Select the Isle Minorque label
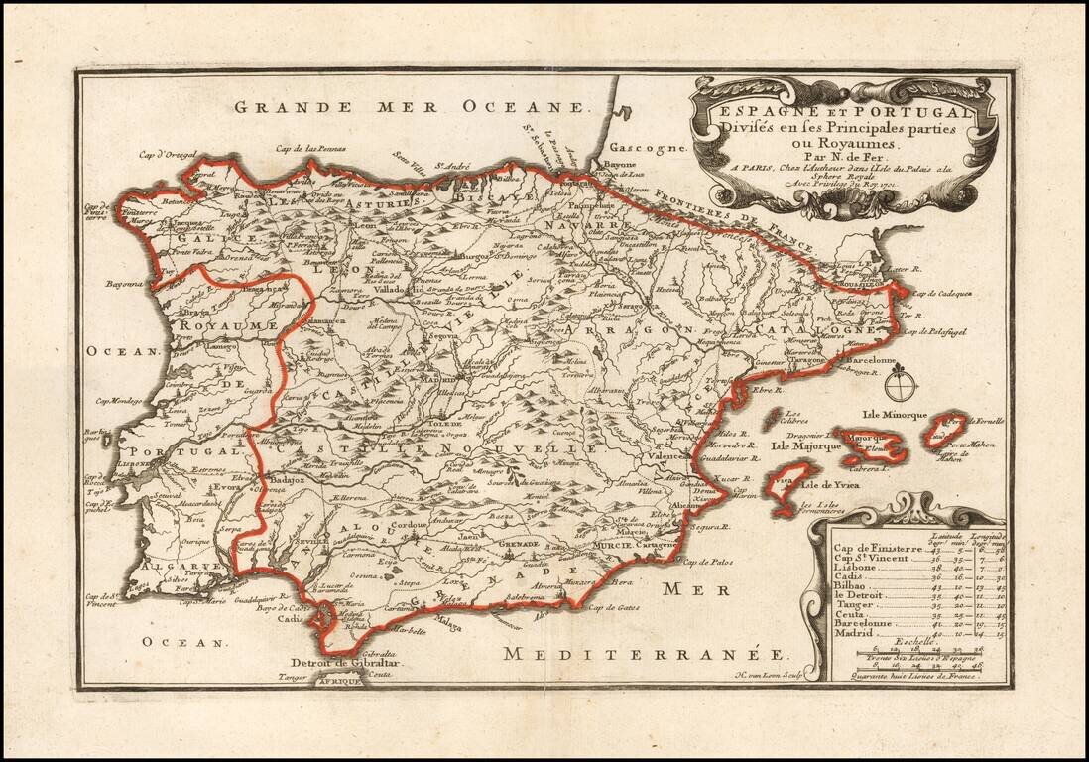pos(894,414)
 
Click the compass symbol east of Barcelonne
pos(901,384)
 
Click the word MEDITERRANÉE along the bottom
pos(645,654)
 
